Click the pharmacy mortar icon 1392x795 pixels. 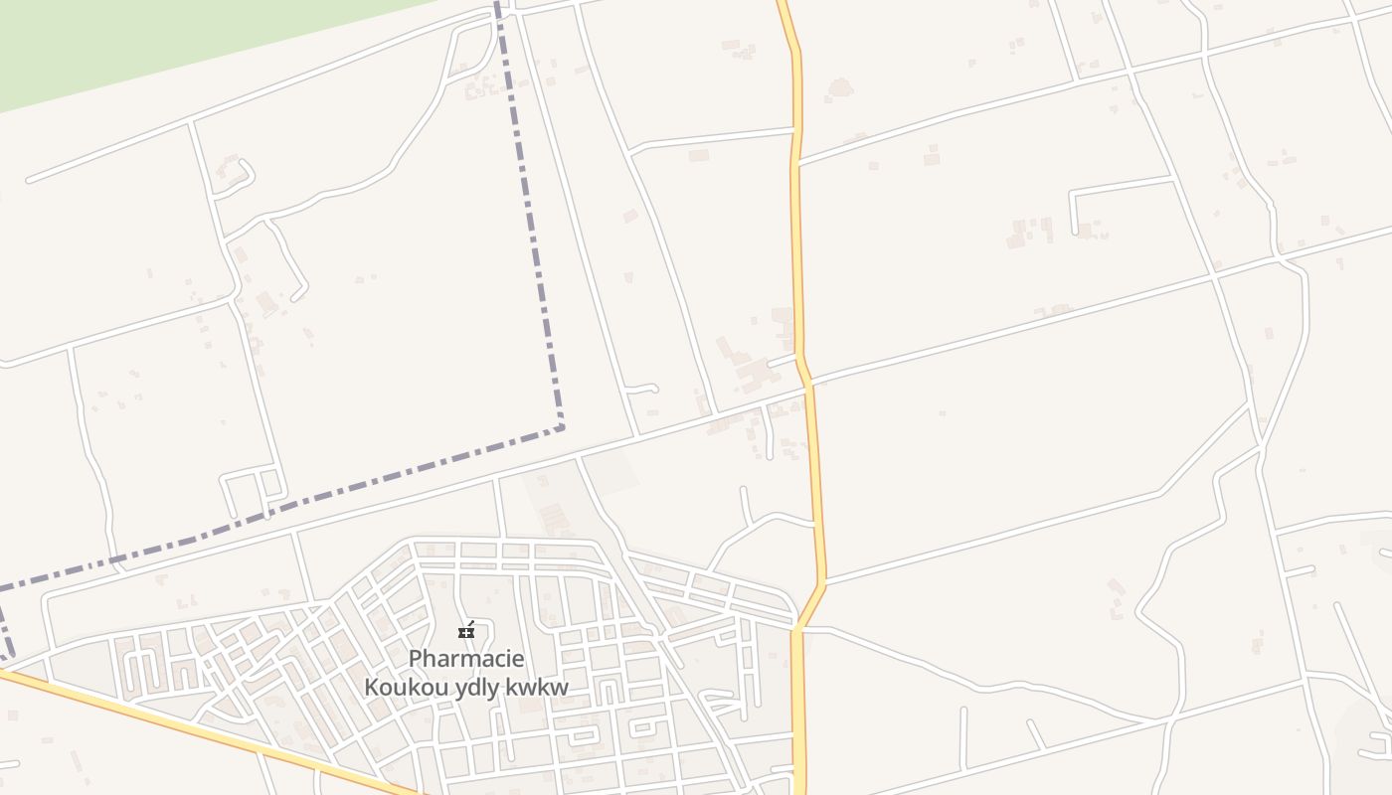(x=466, y=630)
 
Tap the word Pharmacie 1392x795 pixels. (x=466, y=658)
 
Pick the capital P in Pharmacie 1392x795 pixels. (x=416, y=658)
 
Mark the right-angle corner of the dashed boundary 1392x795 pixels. (x=562, y=427)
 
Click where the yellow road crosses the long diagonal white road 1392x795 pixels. (x=808, y=384)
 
